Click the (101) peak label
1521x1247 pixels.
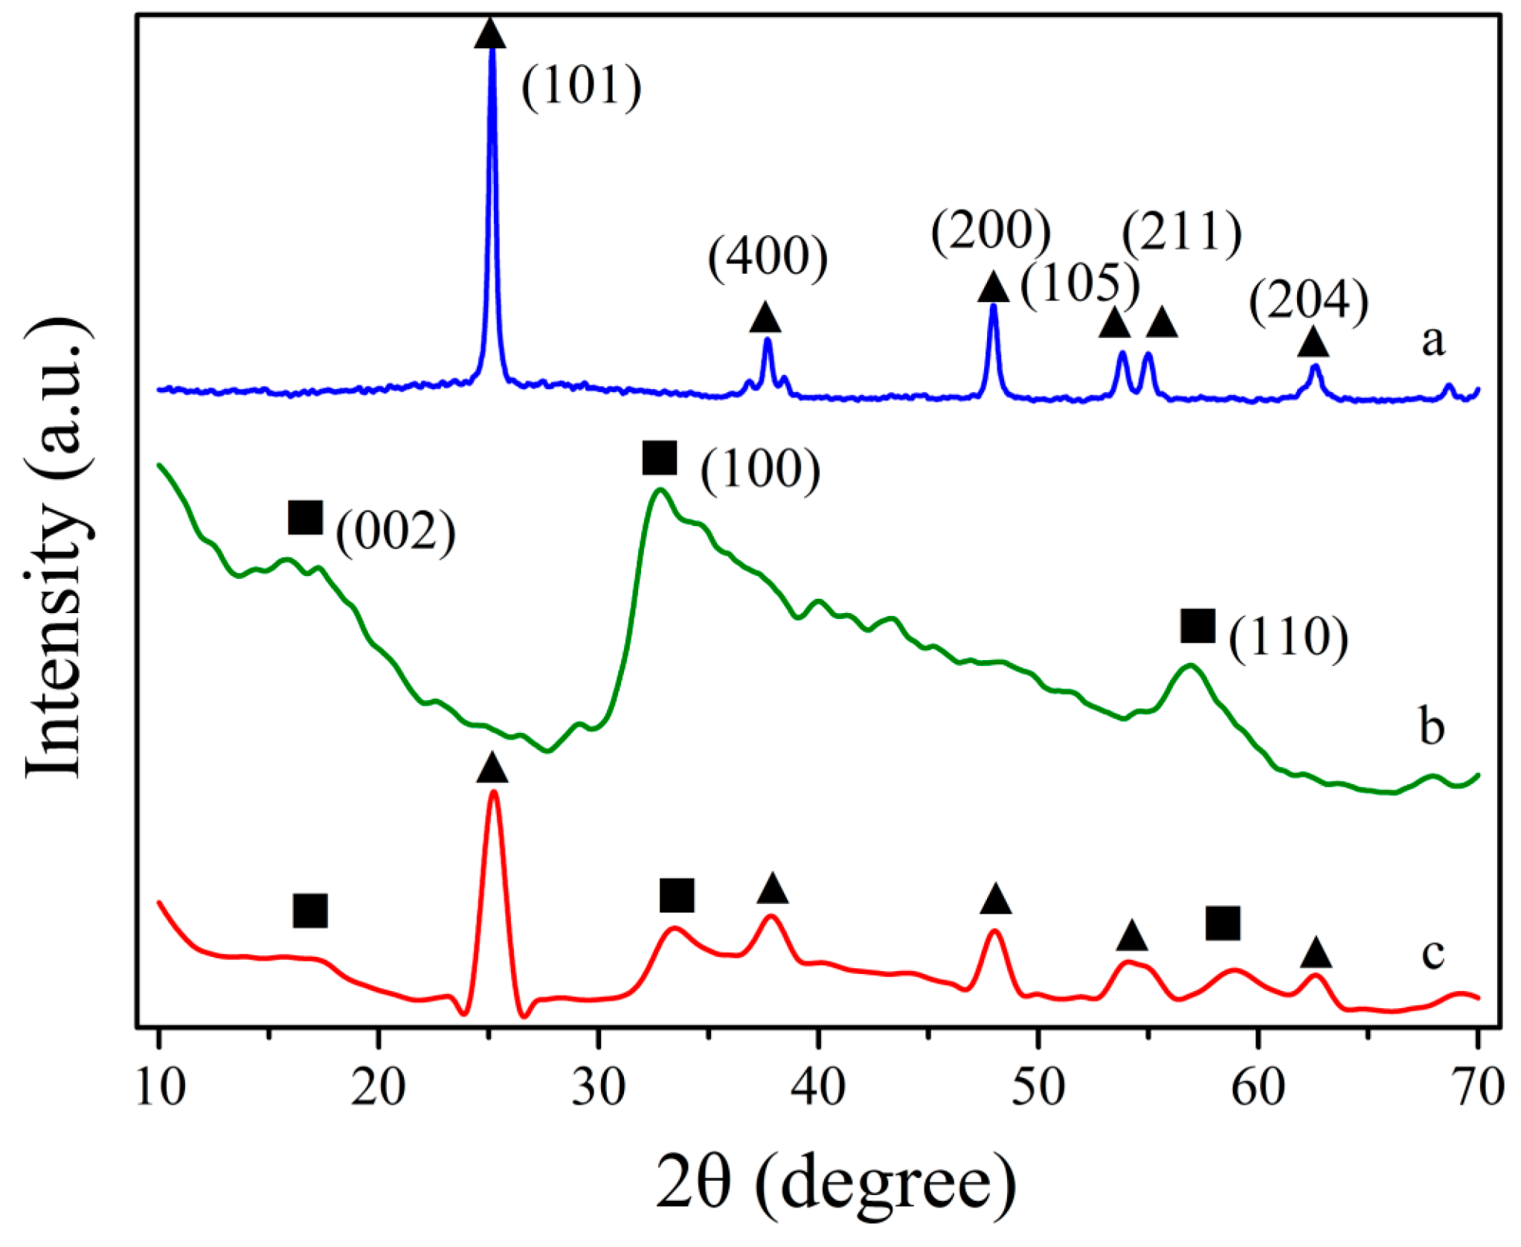[x=581, y=86]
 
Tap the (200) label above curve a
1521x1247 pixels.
[x=990, y=231]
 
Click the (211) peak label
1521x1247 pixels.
[x=1181, y=232]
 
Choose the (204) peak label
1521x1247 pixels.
[x=1308, y=301]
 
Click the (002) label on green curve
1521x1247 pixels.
[x=395, y=531]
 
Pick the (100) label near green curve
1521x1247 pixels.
[x=760, y=470]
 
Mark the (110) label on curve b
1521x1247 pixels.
[x=1287, y=638]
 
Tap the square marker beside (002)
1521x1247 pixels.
[x=305, y=517]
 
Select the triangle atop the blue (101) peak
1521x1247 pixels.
[x=490, y=34]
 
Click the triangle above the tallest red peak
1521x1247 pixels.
[x=492, y=768]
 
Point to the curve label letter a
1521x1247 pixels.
[x=1432, y=342]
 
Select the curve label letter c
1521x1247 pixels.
[x=1432, y=954]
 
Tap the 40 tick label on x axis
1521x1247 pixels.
[x=817, y=1087]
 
